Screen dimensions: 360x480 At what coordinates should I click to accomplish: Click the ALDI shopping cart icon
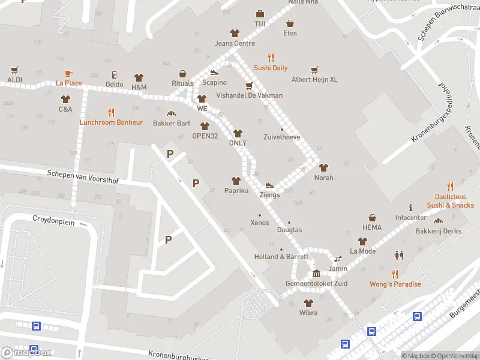click(x=15, y=70)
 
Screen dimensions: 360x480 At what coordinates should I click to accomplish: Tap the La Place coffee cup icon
click(x=69, y=73)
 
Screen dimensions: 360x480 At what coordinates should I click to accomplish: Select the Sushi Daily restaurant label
click(x=271, y=68)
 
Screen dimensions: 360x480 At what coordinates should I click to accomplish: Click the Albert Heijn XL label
click(x=314, y=79)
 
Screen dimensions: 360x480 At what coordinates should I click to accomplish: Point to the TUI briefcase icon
click(x=260, y=14)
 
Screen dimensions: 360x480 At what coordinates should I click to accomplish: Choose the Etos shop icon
click(x=290, y=23)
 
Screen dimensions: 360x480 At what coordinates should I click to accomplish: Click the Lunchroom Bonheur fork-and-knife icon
click(x=111, y=112)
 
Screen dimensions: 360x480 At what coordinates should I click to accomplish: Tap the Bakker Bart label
click(x=172, y=123)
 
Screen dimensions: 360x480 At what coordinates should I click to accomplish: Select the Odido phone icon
click(x=115, y=75)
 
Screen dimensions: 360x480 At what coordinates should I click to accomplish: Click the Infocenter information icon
click(x=410, y=207)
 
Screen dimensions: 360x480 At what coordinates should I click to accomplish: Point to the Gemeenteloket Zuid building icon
click(x=316, y=274)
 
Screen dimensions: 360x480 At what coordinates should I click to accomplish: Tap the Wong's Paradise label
click(x=395, y=284)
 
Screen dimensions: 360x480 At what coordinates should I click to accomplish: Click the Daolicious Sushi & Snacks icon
click(x=450, y=187)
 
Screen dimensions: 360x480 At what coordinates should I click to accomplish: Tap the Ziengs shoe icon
click(x=269, y=185)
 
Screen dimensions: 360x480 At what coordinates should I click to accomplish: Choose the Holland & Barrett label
click(x=281, y=257)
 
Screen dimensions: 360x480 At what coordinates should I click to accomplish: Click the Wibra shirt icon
click(x=308, y=303)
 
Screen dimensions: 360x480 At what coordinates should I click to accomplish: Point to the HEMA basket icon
click(x=372, y=218)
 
